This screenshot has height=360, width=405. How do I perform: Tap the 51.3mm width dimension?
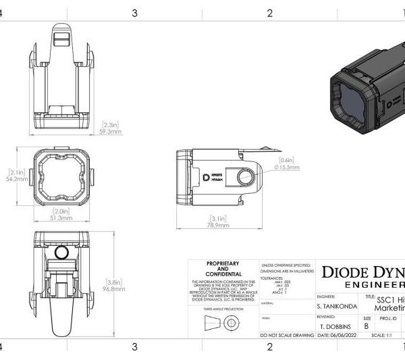[61, 218]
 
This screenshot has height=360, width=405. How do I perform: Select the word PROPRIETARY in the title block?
[220, 264]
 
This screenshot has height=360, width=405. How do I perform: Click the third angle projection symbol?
[220, 323]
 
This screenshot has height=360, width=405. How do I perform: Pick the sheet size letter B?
[367, 325]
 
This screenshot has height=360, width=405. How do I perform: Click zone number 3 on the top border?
[134, 13]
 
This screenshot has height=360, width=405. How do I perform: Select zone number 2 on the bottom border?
[269, 347]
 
